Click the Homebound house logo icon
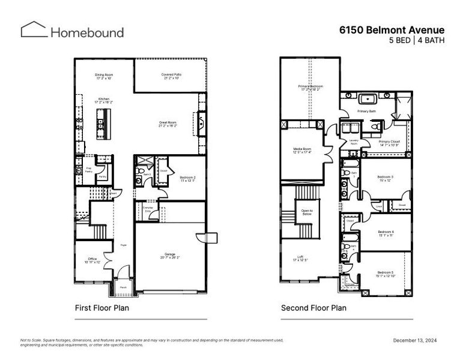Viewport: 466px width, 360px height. pos(34,30)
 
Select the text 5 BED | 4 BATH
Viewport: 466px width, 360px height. pos(417,41)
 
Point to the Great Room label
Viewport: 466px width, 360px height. pos(168,123)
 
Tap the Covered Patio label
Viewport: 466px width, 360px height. pos(171,76)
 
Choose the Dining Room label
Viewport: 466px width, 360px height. pos(104,76)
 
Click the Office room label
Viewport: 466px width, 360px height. pos(92,260)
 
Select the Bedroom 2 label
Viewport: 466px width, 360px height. pos(187,178)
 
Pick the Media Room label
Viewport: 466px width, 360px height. pos(302,150)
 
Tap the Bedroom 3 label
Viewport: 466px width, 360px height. pos(385,178)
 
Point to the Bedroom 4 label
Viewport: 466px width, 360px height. pos(385,233)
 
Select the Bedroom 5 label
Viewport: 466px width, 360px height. pos(385,274)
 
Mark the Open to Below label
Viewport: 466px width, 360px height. pos(307,212)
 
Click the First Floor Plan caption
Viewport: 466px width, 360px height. pos(101,308)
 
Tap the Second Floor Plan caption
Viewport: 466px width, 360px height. pos(313,308)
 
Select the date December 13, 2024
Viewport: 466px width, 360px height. pos(415,340)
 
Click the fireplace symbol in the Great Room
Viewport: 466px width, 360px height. pos(201,125)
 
